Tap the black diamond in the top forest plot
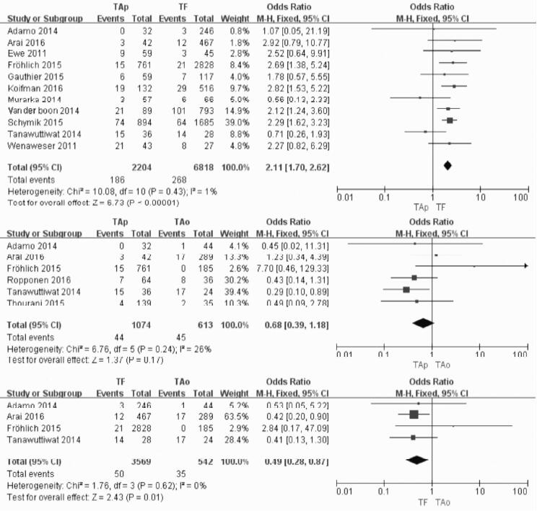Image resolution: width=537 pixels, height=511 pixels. (447, 166)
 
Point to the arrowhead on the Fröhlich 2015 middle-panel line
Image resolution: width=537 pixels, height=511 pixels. (525, 265)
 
